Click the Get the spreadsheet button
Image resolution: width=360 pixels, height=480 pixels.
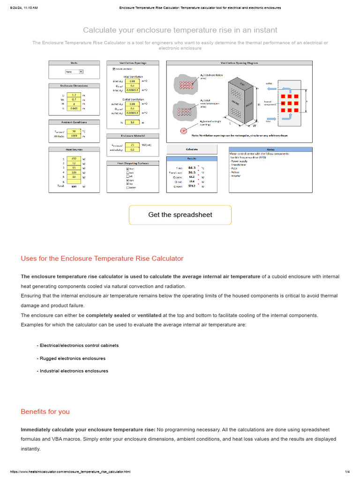(180, 215)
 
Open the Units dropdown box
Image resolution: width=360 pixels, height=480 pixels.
(74, 72)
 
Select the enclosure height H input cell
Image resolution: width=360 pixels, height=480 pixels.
(74, 104)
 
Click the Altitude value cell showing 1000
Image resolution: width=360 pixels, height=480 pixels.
(74, 136)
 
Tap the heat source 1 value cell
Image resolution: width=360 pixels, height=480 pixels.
(74, 159)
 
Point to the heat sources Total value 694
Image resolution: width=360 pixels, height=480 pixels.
(74, 187)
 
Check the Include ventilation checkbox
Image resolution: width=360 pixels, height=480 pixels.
(114, 69)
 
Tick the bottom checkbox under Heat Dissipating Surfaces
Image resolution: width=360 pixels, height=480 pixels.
(127, 188)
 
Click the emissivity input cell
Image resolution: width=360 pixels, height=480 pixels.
(132, 150)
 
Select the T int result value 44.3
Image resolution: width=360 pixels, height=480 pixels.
(192, 167)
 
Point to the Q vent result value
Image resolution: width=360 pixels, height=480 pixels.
(192, 186)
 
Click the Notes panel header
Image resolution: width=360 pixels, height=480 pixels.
(270, 150)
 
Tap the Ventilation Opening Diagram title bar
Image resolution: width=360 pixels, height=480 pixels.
(239, 63)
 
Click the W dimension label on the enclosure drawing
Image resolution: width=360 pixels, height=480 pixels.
(255, 126)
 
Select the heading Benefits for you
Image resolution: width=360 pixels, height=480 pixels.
(45, 412)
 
